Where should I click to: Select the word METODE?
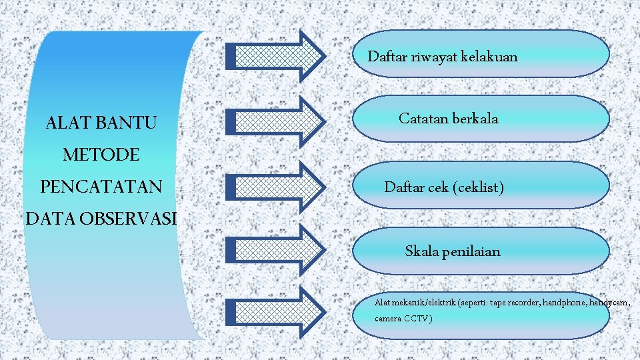click(x=101, y=155)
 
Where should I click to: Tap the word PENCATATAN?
click(x=101, y=187)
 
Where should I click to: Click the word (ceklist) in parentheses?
click(x=478, y=187)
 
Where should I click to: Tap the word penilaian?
click(x=469, y=251)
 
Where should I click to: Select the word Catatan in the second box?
click(x=423, y=119)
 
